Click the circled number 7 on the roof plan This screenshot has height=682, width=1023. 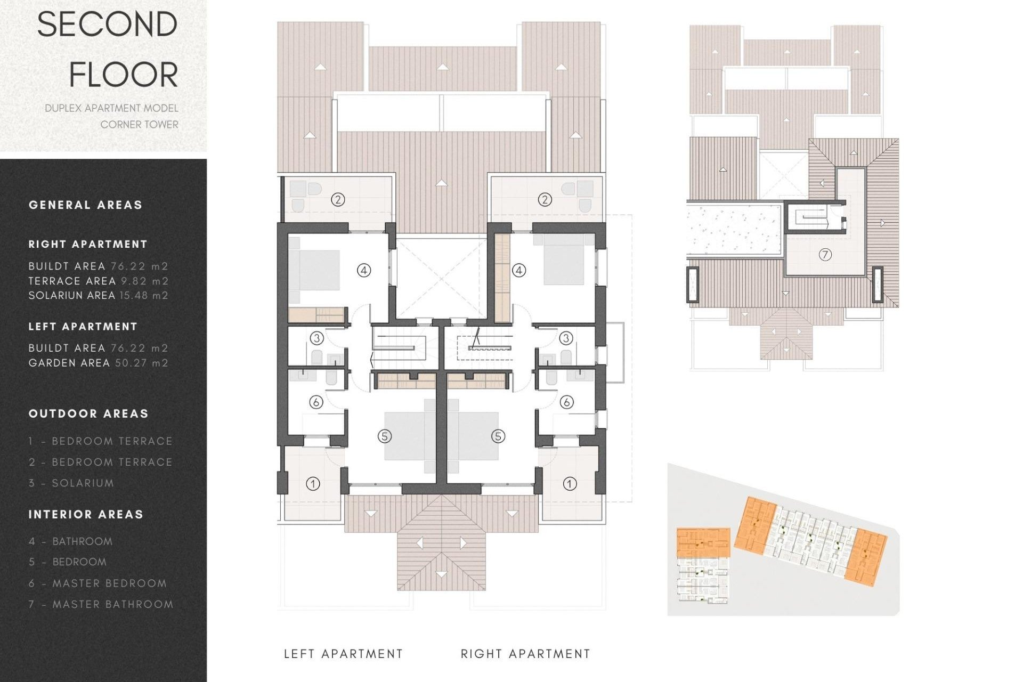click(825, 255)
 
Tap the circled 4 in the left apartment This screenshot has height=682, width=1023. click(363, 270)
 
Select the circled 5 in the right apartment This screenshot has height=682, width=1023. click(498, 436)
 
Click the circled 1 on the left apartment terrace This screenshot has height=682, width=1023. click(313, 484)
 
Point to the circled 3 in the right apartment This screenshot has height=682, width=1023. click(566, 338)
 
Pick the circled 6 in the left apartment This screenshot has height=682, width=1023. click(316, 402)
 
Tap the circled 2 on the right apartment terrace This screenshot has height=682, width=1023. click(545, 200)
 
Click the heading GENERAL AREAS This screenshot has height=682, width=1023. click(85, 205)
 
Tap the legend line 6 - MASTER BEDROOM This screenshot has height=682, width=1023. click(98, 583)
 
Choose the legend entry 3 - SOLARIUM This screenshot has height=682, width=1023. click(71, 483)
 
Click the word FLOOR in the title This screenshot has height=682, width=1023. click(124, 75)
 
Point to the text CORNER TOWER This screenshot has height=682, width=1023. click(140, 124)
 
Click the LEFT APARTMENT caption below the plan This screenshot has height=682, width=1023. click(343, 654)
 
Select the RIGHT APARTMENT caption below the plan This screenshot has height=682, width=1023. click(525, 654)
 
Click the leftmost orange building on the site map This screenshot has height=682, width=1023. click(703, 542)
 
